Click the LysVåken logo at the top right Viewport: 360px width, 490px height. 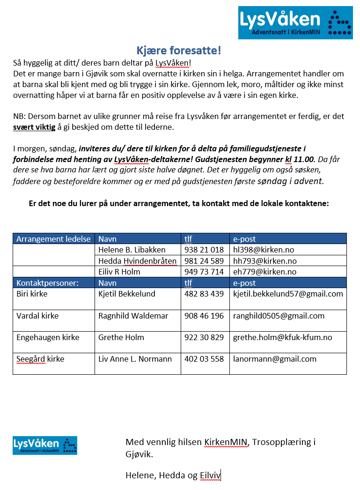click(x=295, y=22)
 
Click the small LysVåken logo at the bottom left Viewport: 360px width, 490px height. click(x=45, y=445)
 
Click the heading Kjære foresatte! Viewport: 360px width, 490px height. click(x=179, y=51)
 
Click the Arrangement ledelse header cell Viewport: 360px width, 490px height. click(x=53, y=239)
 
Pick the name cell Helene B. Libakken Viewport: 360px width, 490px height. click(x=132, y=250)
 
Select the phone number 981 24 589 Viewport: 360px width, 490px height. click(x=204, y=261)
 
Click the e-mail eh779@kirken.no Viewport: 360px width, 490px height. click(x=264, y=272)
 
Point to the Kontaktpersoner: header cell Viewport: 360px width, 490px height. click(x=47, y=283)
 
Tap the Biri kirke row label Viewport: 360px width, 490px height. click(x=32, y=294)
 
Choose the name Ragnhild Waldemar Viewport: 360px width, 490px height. click(x=133, y=316)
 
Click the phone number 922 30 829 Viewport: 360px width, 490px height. click(x=204, y=337)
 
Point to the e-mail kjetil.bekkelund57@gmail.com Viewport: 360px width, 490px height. click(x=288, y=294)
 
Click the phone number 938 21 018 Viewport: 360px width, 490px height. click(x=204, y=250)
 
